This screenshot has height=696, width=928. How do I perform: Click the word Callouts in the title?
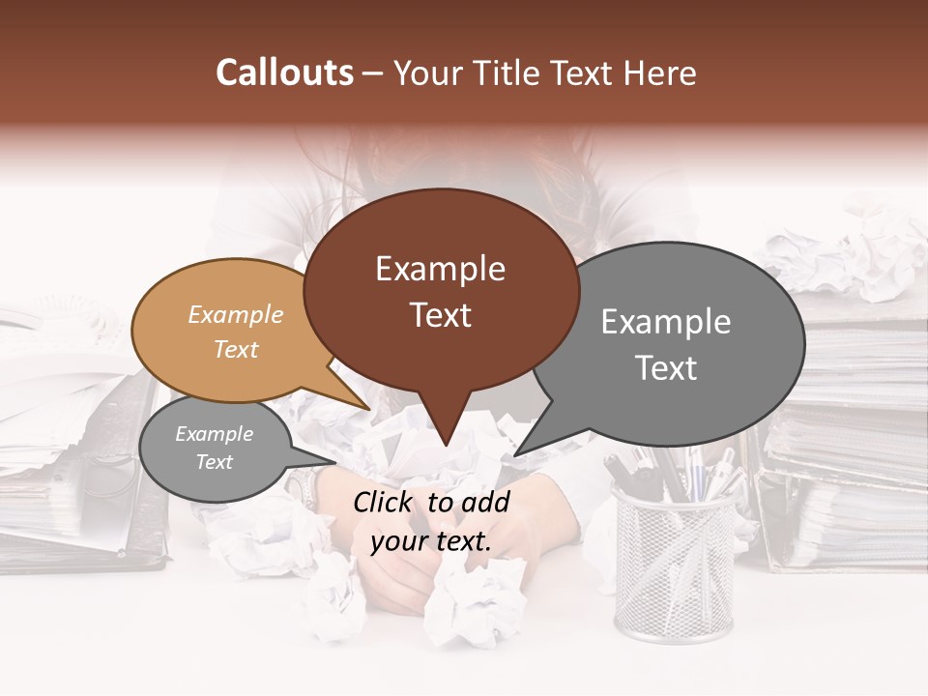(284, 72)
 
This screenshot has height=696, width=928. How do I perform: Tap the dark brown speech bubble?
(441, 290)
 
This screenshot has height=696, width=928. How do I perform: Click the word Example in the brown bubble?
(441, 269)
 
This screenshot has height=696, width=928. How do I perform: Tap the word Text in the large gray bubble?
(666, 368)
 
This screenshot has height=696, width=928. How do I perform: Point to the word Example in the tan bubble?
(236, 315)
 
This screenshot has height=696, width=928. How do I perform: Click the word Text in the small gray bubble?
(215, 462)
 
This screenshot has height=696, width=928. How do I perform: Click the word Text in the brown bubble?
(441, 315)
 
